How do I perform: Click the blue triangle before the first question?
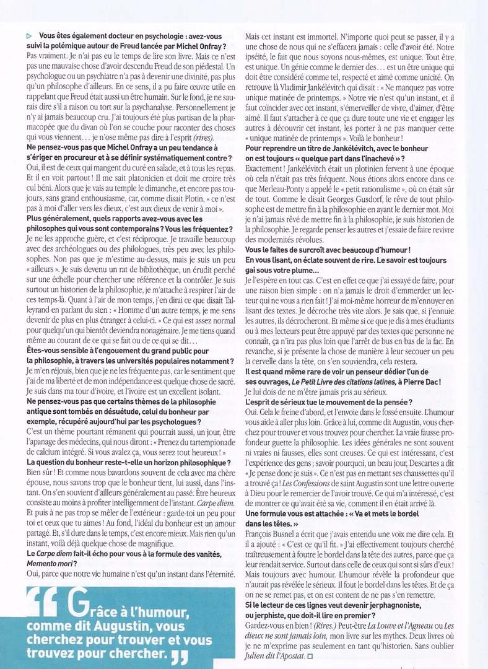30,37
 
